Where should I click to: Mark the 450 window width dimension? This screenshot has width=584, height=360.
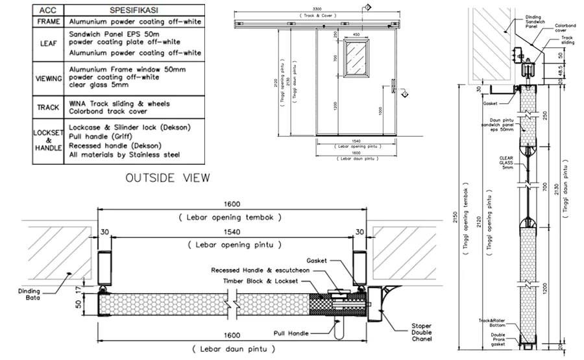pyautogui.click(x=356, y=34)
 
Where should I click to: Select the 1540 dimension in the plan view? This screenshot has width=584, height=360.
pyautogui.click(x=233, y=230)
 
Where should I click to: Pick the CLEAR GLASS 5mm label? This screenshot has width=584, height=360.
pyautogui.click(x=507, y=162)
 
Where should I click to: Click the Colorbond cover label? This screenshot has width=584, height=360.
pyautogui.click(x=565, y=27)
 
